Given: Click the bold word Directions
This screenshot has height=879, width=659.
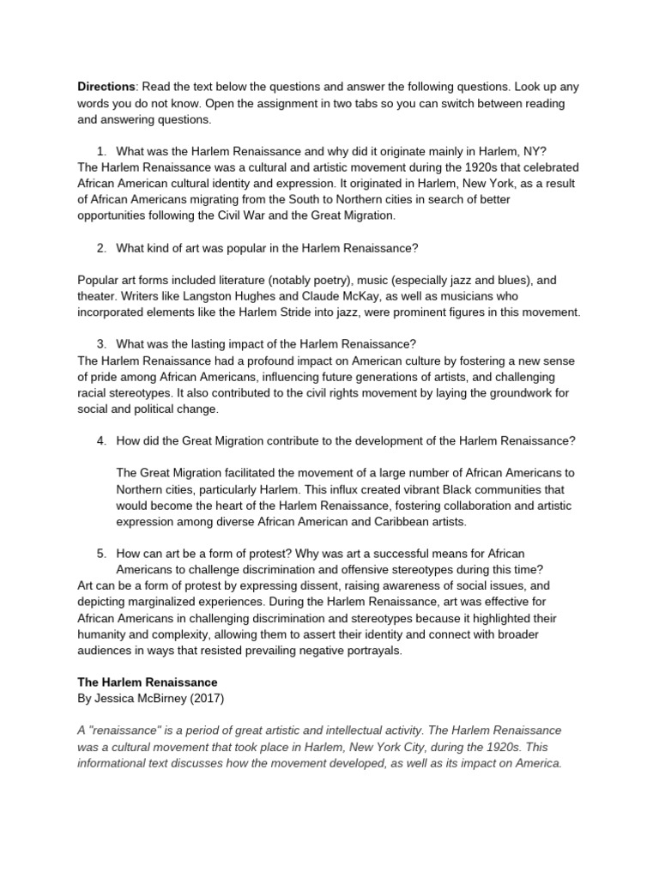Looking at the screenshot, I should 106,87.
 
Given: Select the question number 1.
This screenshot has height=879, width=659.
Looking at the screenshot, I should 101,152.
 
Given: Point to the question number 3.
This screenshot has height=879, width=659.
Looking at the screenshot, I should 101,344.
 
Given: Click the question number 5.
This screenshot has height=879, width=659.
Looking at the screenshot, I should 101,553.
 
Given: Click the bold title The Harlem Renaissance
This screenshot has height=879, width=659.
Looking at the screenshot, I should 148,682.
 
